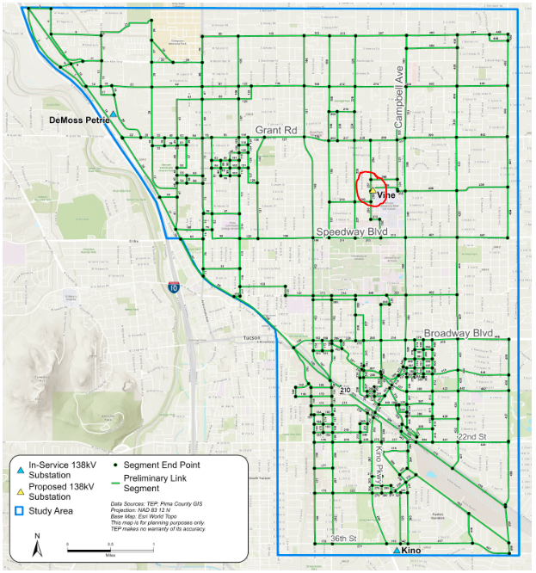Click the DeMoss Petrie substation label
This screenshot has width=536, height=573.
80,120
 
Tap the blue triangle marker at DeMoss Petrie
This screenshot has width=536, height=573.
113,114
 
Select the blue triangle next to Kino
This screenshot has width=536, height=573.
396,550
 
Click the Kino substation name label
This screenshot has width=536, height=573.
413,550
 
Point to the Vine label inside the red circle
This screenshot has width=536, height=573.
384,195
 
